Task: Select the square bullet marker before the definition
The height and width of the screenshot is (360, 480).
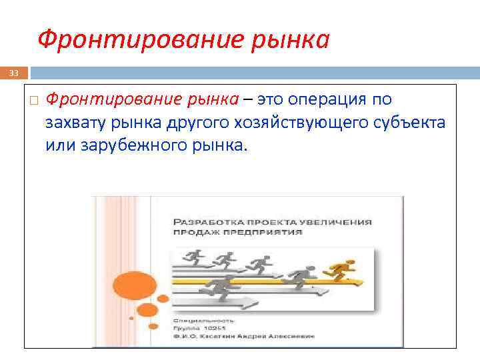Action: (x=34, y=101)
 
